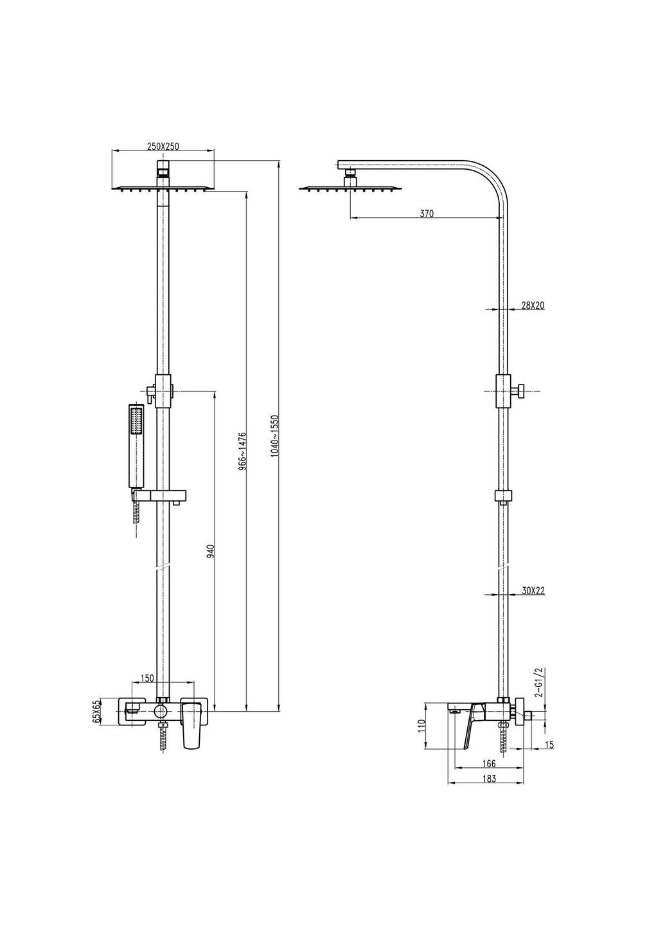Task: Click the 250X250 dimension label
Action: pyautogui.click(x=163, y=147)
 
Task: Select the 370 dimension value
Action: pyautogui.click(x=427, y=214)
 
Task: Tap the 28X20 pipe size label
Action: pyautogui.click(x=533, y=305)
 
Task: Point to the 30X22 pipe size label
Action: pyautogui.click(x=533, y=590)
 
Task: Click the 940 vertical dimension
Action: pyautogui.click(x=210, y=551)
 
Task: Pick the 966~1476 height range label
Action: pyautogui.click(x=242, y=452)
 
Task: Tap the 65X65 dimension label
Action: pyautogui.click(x=97, y=713)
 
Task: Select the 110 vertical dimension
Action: pyautogui.click(x=421, y=727)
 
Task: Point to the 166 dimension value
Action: pyautogui.click(x=488, y=763)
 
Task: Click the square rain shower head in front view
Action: pyautogui.click(x=163, y=188)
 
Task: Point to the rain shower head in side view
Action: pyautogui.click(x=350, y=188)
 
